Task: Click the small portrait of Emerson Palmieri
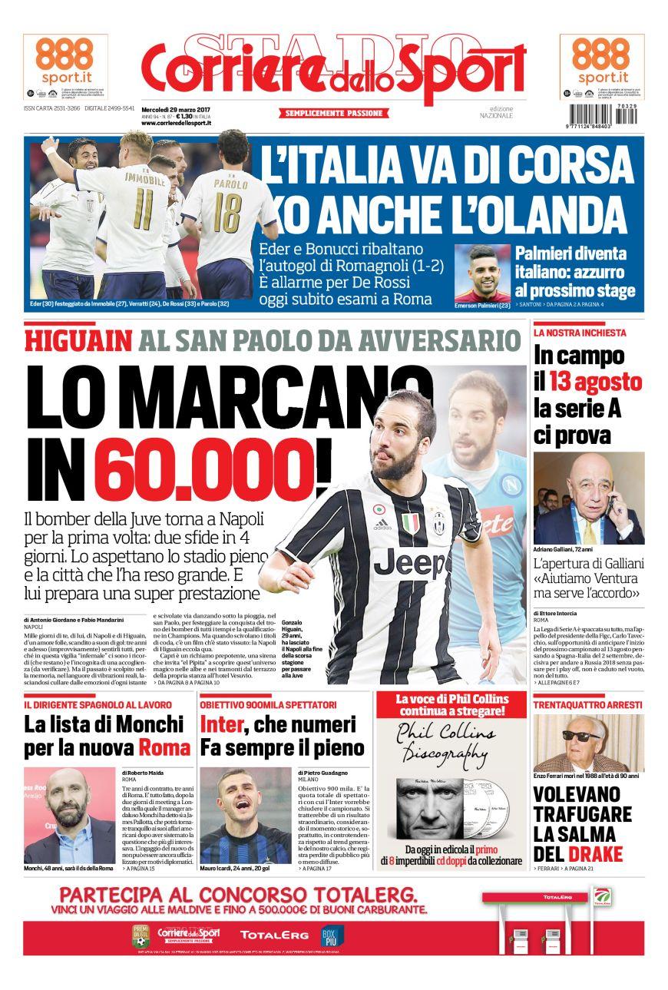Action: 481,273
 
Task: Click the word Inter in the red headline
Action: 222,724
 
